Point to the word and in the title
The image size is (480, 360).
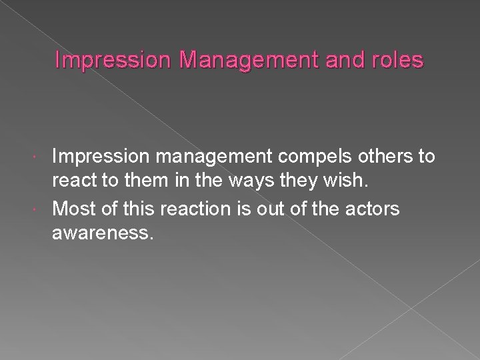pyautogui.click(x=340, y=61)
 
